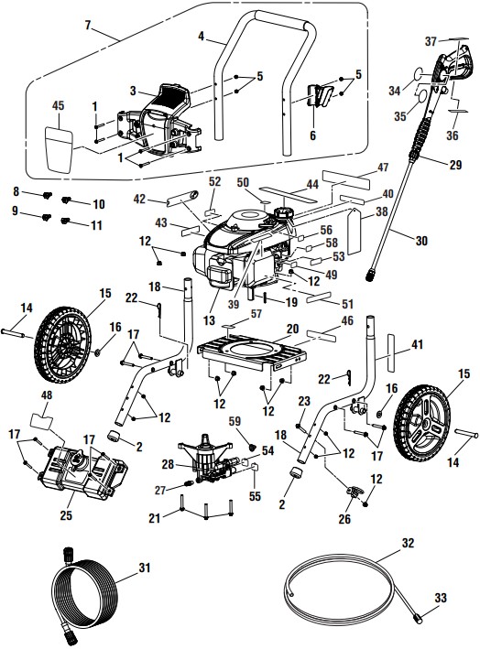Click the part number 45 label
[x=58, y=107]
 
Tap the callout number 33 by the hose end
[x=442, y=598]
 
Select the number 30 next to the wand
[x=422, y=241]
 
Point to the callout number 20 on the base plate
[x=292, y=328]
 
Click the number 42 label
[x=138, y=198]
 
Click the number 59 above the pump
[x=235, y=420]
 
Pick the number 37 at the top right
[x=431, y=41]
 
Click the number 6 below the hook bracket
[x=312, y=135]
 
